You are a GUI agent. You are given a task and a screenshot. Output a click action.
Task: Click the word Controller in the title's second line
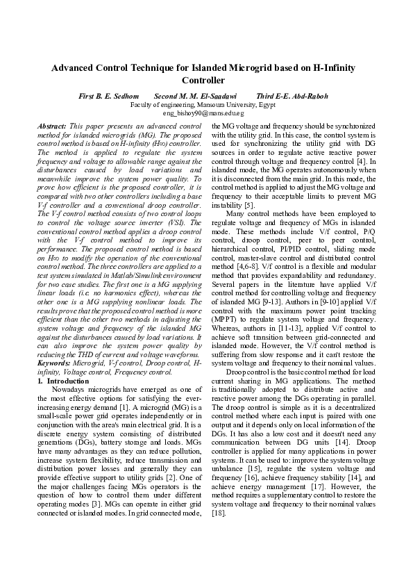pos(206,81)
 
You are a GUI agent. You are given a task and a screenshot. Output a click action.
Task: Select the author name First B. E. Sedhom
pos(109,96)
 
